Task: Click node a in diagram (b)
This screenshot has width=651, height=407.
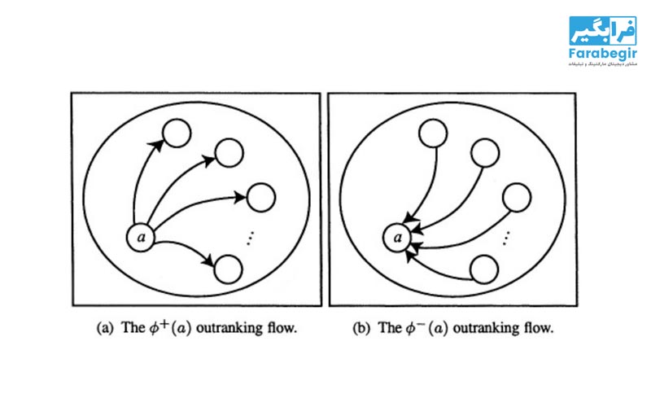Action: pos(398,238)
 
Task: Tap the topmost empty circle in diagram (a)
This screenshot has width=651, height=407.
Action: pos(176,132)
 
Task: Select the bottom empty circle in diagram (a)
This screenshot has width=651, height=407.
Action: pos(229,268)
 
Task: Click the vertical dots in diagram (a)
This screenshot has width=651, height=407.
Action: pos(251,237)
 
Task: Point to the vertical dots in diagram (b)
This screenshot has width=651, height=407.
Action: pos(506,237)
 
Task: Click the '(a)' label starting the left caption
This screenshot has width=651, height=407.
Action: pos(105,330)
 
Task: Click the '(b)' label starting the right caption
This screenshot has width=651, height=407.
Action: pos(360,330)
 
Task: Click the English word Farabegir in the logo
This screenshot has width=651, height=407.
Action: pos(602,55)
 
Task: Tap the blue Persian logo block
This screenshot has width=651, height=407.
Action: pos(602,31)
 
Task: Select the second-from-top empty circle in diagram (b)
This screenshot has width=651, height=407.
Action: pos(485,151)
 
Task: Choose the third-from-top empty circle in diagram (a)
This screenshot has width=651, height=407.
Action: pos(260,198)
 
